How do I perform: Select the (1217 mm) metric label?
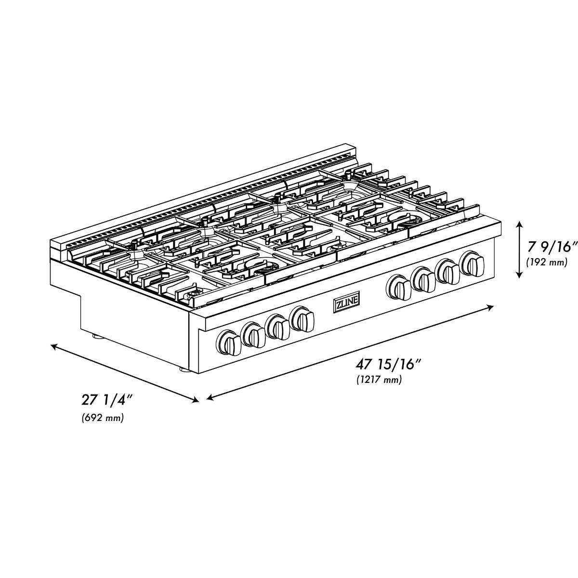coord(379,381)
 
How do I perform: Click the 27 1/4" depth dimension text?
coord(107,400)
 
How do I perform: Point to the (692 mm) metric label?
coord(103,418)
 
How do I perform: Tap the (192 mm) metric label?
coord(547,262)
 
